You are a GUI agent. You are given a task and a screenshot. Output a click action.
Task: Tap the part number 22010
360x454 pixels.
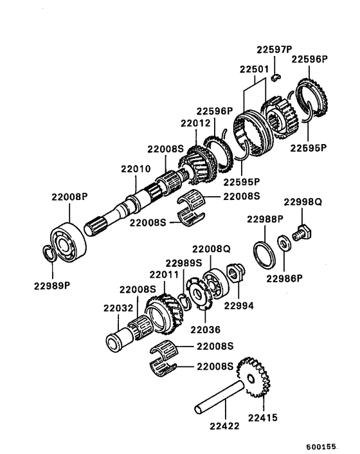(x=135, y=169)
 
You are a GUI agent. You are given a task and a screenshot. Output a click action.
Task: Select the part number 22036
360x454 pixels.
(x=205, y=330)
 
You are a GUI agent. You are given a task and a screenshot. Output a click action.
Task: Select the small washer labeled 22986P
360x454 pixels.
(x=283, y=244)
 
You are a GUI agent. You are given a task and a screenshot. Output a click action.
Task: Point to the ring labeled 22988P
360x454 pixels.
(x=264, y=253)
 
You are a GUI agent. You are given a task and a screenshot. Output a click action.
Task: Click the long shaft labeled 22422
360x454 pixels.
(x=219, y=396)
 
